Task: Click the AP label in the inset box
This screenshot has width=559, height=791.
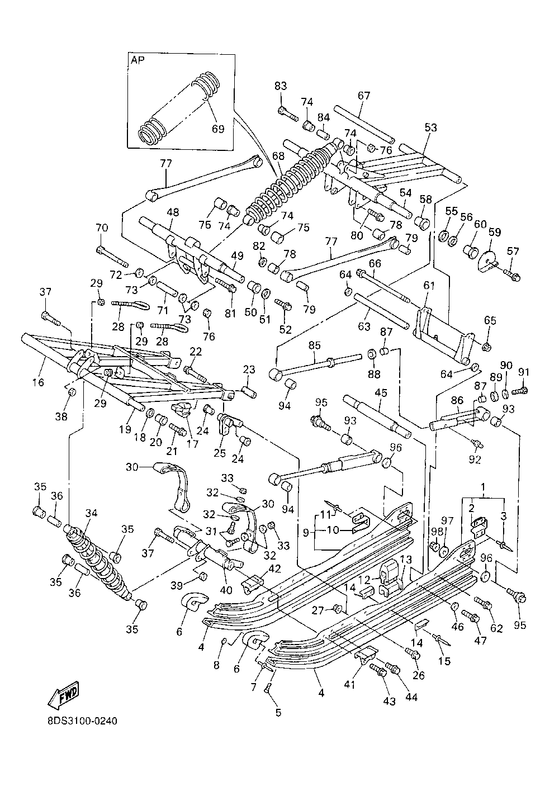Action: [x=138, y=60]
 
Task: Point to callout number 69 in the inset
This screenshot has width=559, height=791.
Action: [x=218, y=129]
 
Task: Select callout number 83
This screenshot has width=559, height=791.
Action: [x=281, y=86]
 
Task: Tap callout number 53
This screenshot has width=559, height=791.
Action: [x=430, y=127]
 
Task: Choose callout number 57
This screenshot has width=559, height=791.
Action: [x=513, y=251]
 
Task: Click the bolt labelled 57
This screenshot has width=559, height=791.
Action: [x=511, y=275]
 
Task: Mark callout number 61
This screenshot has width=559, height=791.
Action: [x=429, y=285]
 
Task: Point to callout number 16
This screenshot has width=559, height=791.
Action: [x=38, y=382]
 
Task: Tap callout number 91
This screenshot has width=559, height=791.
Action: [x=524, y=372]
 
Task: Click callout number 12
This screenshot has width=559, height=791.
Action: [x=364, y=580]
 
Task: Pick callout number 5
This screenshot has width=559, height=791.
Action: [x=278, y=713]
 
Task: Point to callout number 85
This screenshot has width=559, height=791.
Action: [x=314, y=345]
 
